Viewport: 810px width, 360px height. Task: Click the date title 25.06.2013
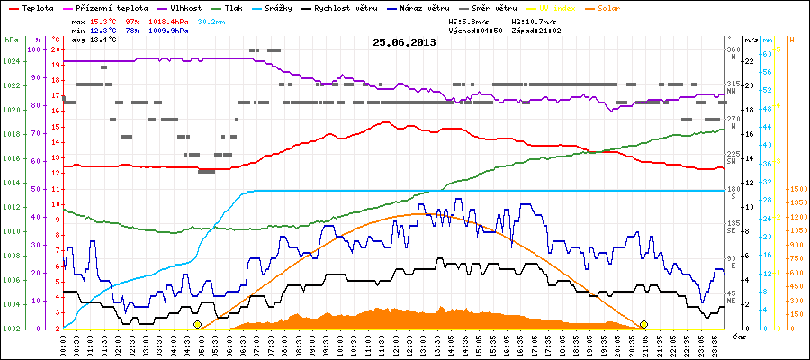coord(404,42)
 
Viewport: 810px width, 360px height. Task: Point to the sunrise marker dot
coord(197,324)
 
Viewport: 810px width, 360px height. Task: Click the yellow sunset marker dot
coord(643,324)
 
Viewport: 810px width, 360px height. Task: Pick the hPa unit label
coord(11,40)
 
